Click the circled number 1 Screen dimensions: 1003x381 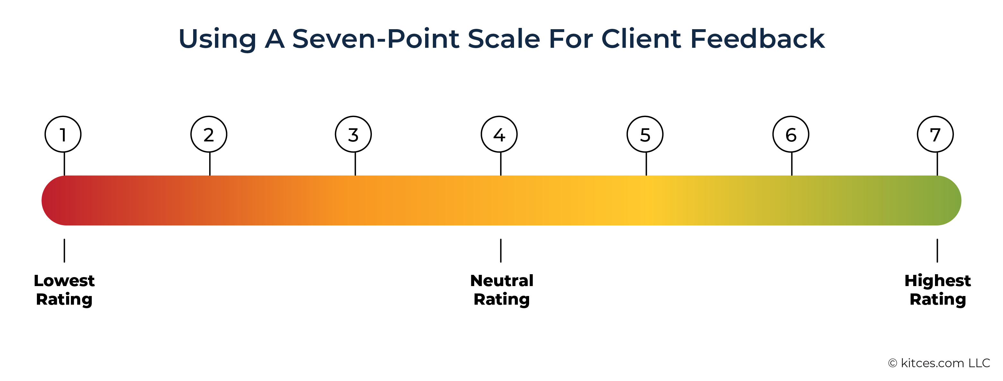point(63,134)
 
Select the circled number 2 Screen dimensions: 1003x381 point(209,134)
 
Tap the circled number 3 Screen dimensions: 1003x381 point(353,134)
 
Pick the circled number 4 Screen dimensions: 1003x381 point(499,134)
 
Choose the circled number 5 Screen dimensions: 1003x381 point(645,134)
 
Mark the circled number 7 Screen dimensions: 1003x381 point(935,134)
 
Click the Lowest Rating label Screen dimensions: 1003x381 point(64,290)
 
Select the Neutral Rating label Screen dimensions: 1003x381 point(502,290)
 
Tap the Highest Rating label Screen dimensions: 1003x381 point(938,290)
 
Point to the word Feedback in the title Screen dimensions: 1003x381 point(757,38)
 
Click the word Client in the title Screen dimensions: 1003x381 point(641,38)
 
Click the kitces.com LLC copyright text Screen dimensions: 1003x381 point(939,363)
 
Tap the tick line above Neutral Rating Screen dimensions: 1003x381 point(501,250)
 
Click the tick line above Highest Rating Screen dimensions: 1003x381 point(937,250)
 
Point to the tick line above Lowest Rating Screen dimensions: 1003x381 point(64,250)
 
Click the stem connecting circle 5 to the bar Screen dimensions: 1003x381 point(646,164)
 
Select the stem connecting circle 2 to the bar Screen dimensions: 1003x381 point(210,164)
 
